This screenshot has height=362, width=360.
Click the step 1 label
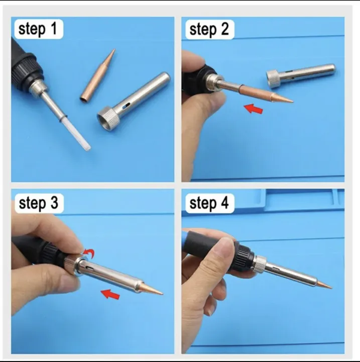tap(38, 29)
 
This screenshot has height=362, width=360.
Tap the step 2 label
tap(209, 29)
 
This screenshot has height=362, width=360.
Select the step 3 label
tap(38, 204)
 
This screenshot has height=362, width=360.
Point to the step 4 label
tap(209, 204)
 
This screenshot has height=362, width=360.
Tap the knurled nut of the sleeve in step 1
tap(107, 118)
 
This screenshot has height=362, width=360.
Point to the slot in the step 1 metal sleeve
tap(128, 107)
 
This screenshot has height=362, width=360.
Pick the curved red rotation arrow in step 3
tap(89, 251)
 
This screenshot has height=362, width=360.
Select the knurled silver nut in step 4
tap(259, 263)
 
